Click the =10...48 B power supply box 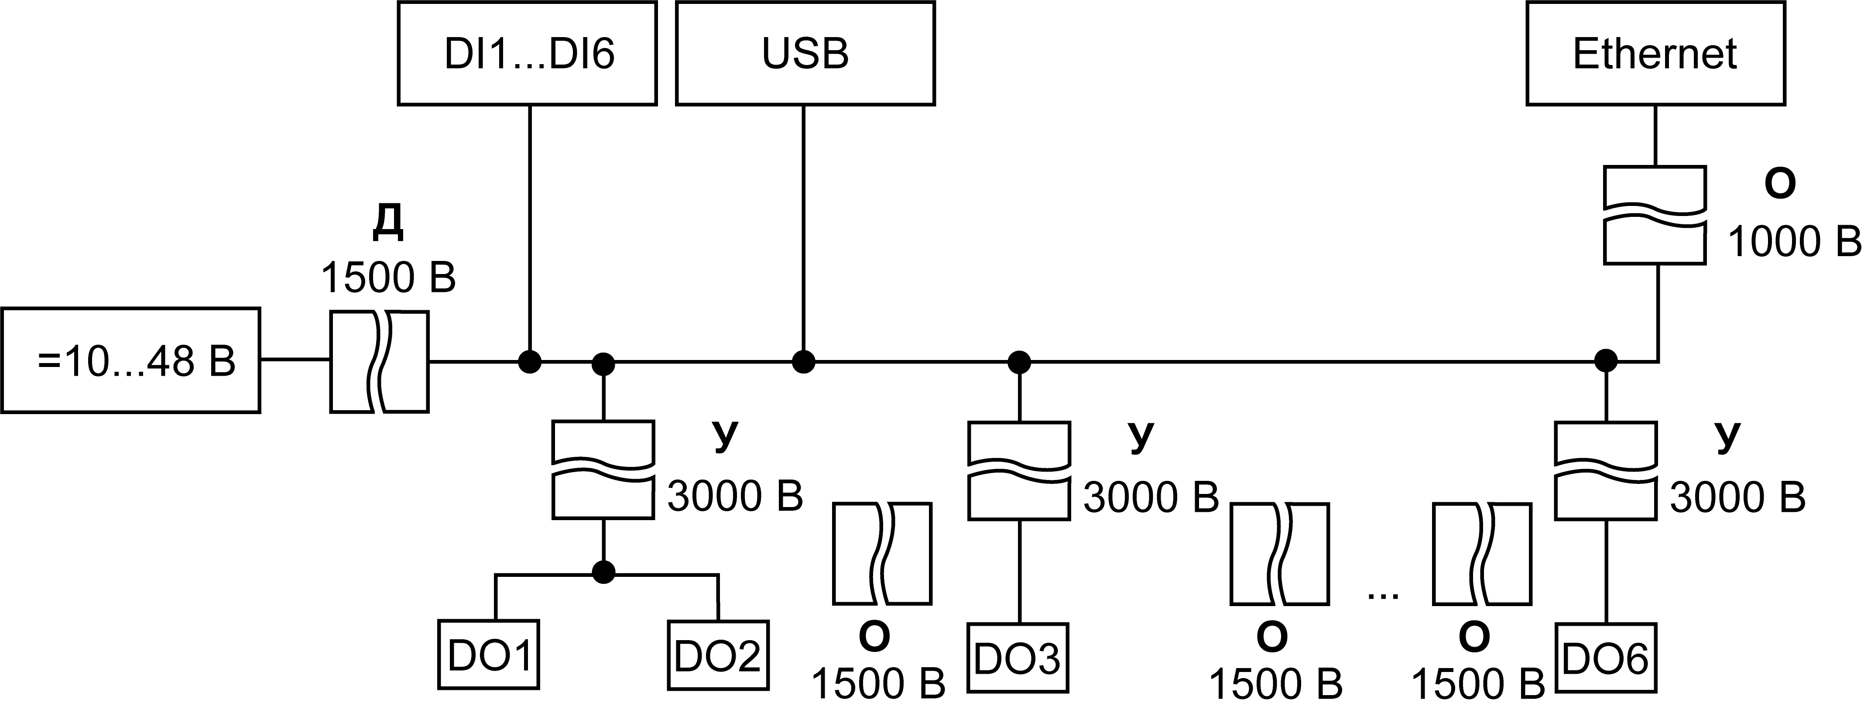[x=131, y=360]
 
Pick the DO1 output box [x=488, y=655]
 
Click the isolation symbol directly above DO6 [x=1606, y=470]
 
